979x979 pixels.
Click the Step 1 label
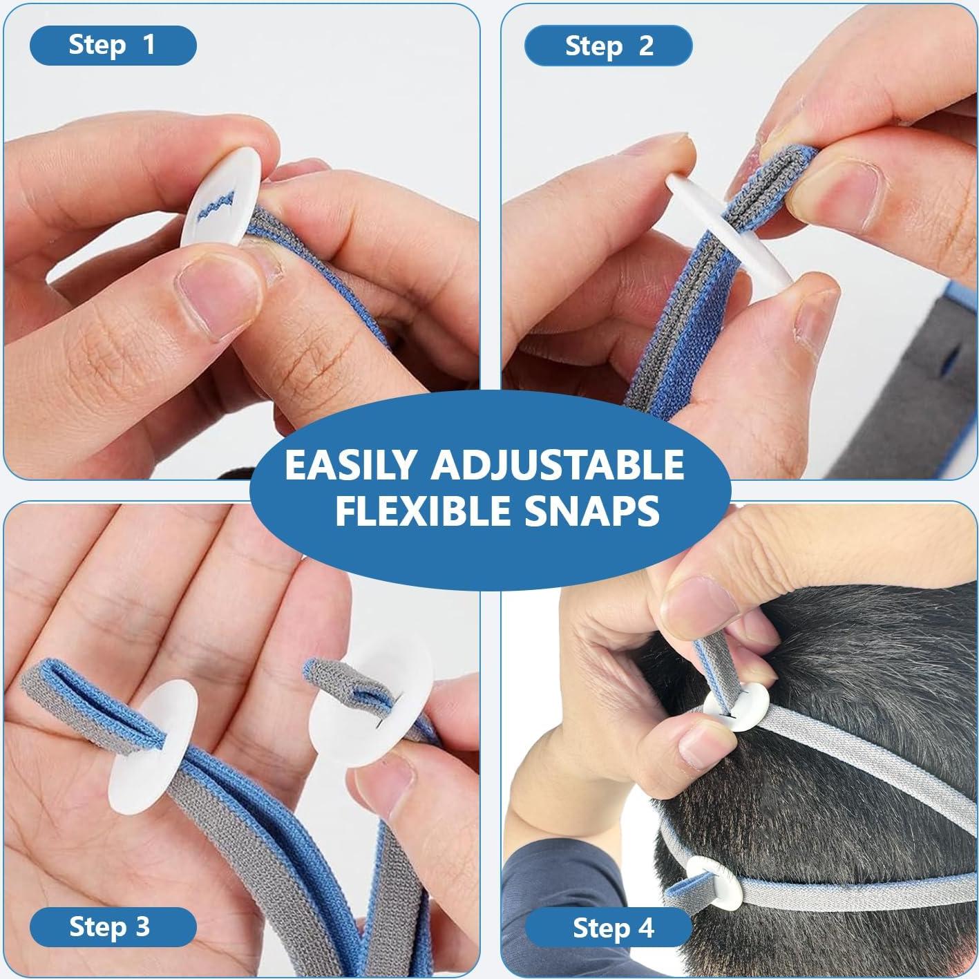click(x=113, y=45)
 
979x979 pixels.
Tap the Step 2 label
click(x=608, y=46)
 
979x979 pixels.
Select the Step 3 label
click(x=110, y=926)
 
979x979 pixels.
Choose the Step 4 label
click(x=613, y=928)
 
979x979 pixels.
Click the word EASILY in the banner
click(x=351, y=465)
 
